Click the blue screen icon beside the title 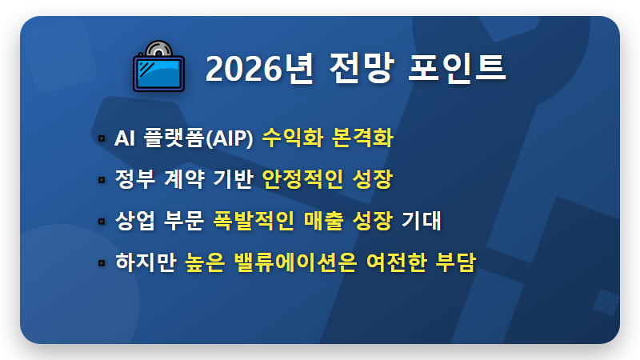(158, 69)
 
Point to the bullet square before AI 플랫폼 (102, 139)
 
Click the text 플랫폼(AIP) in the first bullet (197, 138)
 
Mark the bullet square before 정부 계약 (102, 180)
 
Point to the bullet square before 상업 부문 (102, 221)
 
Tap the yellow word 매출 (324, 220)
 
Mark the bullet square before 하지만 (102, 262)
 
